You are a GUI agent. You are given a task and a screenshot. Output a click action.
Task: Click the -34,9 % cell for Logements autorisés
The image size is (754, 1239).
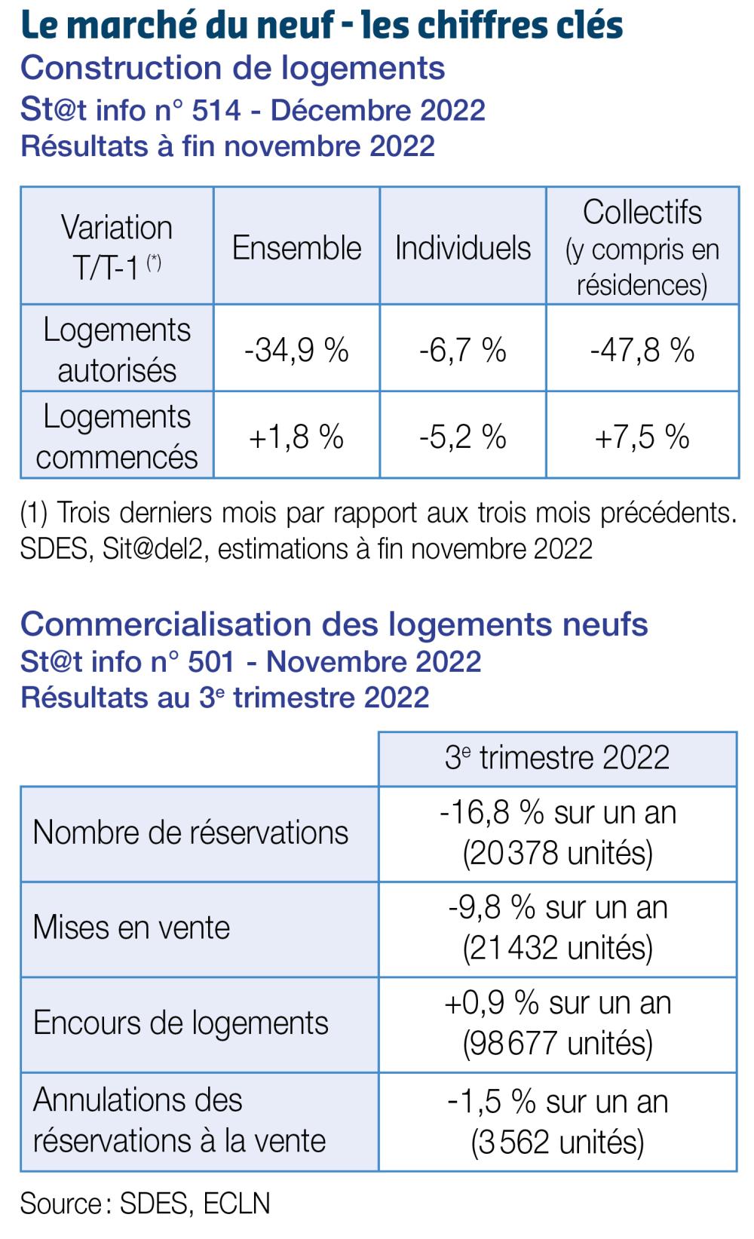[x=296, y=350]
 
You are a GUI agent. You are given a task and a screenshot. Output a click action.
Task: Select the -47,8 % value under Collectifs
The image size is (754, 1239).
[x=642, y=350]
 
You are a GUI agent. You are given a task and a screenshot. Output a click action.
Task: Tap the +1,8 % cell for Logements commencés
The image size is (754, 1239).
[x=296, y=437]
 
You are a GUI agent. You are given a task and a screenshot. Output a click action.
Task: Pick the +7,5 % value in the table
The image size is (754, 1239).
[x=642, y=437]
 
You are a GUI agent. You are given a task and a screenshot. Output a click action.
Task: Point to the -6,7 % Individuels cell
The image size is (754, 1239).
[x=462, y=350]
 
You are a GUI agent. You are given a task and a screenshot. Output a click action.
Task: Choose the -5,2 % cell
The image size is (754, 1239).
[x=462, y=437]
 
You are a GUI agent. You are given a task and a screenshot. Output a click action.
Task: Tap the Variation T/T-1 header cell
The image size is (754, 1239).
[x=117, y=247]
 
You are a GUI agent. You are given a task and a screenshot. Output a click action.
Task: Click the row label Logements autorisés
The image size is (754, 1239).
[x=117, y=350]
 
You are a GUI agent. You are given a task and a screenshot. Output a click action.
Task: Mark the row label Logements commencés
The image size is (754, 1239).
[x=117, y=437]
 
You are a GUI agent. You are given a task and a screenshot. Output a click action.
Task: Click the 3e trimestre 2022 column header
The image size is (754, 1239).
[x=557, y=758]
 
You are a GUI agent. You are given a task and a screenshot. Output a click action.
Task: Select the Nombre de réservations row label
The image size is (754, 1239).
[x=191, y=833]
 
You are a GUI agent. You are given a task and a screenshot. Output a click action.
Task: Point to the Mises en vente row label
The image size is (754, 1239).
[x=131, y=928]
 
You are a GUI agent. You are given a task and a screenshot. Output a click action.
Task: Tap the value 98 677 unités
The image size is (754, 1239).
[x=557, y=1043]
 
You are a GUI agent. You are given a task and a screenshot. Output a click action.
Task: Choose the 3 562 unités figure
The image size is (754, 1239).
[x=557, y=1142]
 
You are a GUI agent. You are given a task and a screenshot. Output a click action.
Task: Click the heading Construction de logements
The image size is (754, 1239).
[x=232, y=68]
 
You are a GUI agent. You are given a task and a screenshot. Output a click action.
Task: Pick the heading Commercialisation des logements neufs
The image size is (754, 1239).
[x=334, y=624]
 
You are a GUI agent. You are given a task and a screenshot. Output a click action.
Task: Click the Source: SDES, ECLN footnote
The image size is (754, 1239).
[x=145, y=1204]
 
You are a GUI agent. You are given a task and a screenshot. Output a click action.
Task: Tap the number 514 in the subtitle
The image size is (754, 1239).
[x=216, y=110]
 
